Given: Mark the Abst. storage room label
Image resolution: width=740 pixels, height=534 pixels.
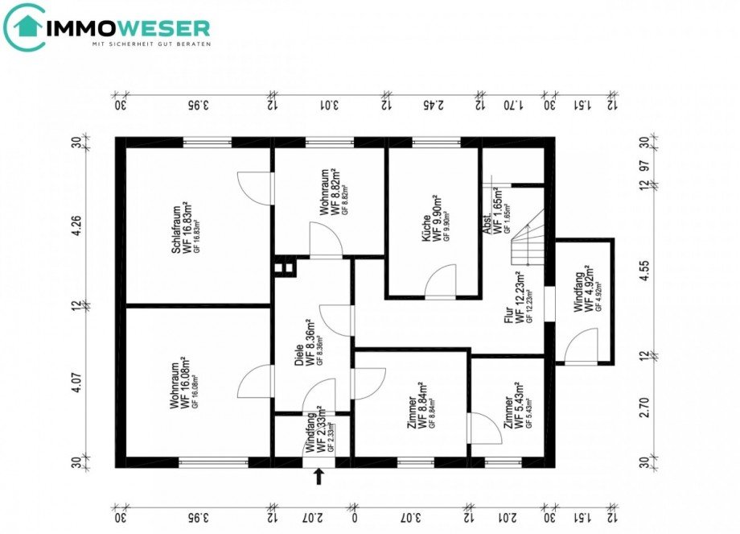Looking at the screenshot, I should click(495, 211).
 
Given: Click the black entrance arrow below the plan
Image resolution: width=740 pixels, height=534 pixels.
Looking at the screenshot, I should click(319, 477).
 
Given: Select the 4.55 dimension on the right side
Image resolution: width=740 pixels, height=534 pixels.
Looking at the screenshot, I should click(643, 269).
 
